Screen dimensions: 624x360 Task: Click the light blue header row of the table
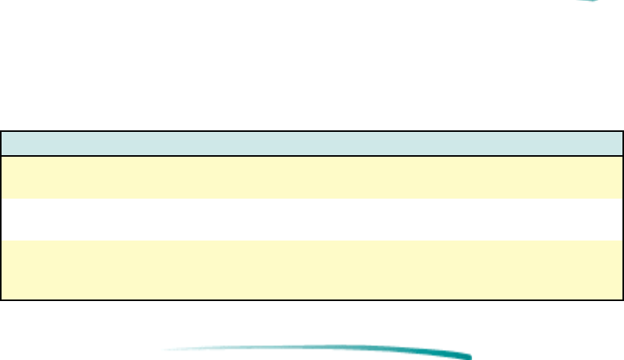(x=312, y=144)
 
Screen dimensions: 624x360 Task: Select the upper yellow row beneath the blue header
(x=312, y=177)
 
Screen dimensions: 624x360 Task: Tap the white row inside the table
(x=312, y=220)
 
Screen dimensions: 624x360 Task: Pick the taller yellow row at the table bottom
(x=312, y=269)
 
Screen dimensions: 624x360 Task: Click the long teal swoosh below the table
(x=326, y=351)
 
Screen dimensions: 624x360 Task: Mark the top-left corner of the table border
(x=1, y=131)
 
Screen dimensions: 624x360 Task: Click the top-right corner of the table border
(x=622, y=131)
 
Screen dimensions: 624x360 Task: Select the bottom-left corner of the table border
(x=1, y=299)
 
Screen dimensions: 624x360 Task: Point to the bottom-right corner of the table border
(x=622, y=299)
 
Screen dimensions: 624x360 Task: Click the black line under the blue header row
(x=312, y=156)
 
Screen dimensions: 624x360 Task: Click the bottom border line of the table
(x=312, y=299)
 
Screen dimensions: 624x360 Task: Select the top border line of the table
(x=312, y=131)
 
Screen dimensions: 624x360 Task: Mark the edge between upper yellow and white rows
(x=312, y=199)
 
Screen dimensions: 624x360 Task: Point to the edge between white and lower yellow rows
(x=312, y=241)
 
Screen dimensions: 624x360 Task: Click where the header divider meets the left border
(x=1, y=156)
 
